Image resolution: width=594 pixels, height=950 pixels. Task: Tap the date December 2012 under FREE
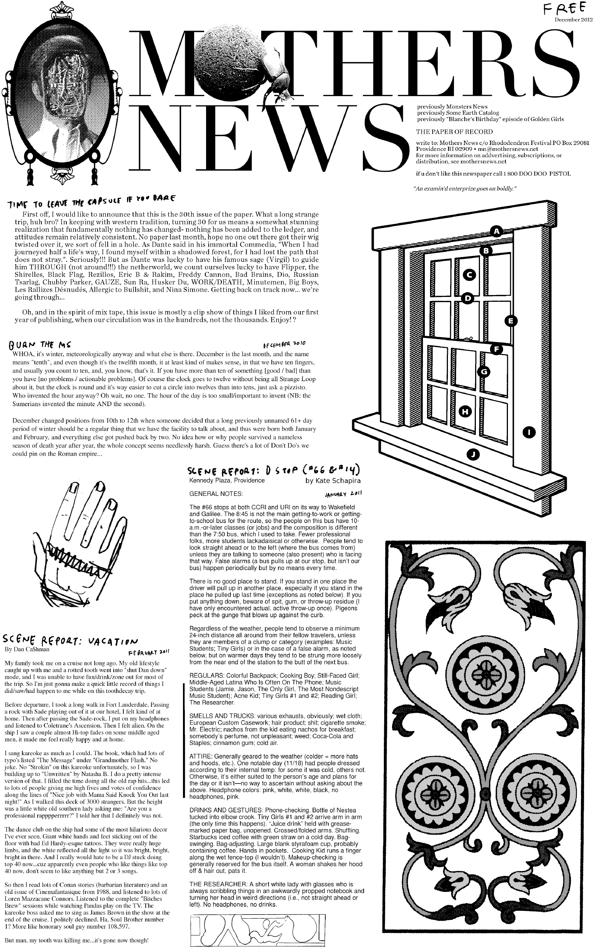pos(573,20)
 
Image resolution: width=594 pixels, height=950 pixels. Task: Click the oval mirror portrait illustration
pos(61,94)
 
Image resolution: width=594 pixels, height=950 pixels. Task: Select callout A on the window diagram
pos(497,231)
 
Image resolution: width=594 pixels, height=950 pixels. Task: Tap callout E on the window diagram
pos(510,321)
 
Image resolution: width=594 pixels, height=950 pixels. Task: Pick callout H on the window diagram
pos(465,411)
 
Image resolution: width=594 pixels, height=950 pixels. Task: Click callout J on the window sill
pos(473,455)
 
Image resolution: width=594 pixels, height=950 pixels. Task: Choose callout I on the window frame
pos(529,433)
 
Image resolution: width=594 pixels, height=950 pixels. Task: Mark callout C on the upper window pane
pos(469,275)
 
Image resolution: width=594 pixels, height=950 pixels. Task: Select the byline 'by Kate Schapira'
pos(333,480)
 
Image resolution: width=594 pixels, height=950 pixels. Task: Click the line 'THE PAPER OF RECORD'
pos(454,132)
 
